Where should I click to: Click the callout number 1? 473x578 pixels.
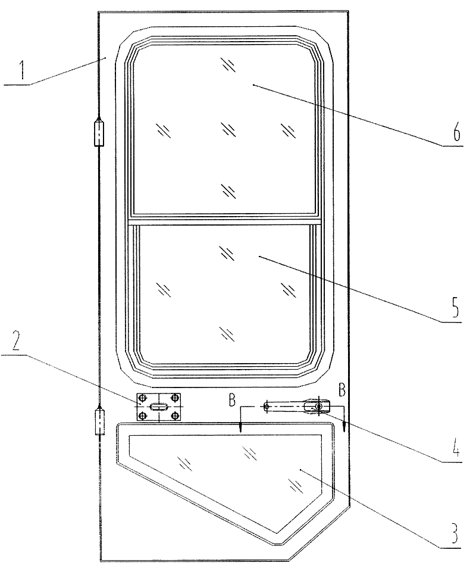click(x=23, y=71)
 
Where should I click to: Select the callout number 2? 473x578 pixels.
click(x=15, y=343)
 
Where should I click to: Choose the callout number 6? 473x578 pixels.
click(x=456, y=132)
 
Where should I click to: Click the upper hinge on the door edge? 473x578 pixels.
click(x=99, y=131)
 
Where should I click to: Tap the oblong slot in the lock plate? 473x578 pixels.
click(x=159, y=407)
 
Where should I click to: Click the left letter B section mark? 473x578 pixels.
click(x=231, y=399)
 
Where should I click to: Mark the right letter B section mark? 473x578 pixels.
click(x=342, y=389)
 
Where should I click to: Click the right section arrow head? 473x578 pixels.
click(x=344, y=427)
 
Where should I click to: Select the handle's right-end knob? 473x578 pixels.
click(x=318, y=406)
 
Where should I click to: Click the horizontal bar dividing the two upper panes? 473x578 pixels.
click(x=225, y=222)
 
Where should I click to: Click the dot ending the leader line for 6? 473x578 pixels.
click(x=253, y=85)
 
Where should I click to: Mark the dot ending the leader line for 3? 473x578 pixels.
click(x=301, y=470)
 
